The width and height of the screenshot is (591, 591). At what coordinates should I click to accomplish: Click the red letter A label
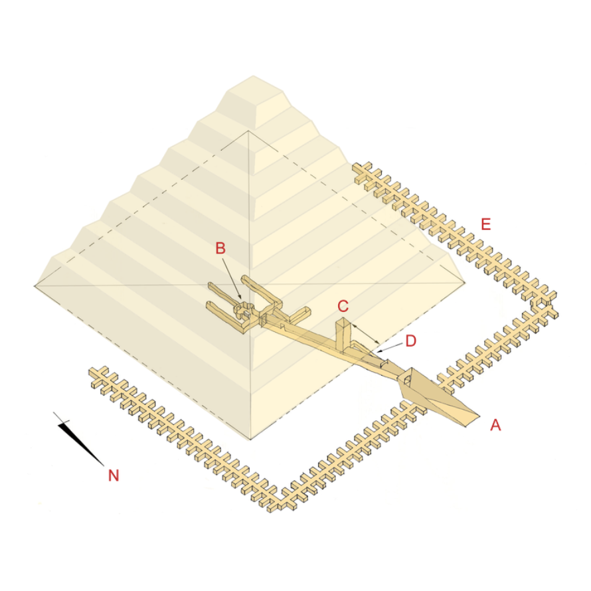pyautogui.click(x=495, y=425)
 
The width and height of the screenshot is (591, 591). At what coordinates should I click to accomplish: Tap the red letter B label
pyautogui.click(x=220, y=248)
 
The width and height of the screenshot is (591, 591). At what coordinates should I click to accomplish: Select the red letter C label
pyautogui.click(x=343, y=306)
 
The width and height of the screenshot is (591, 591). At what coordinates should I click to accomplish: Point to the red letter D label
pyautogui.click(x=410, y=341)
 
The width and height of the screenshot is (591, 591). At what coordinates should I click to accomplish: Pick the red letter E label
pyautogui.click(x=486, y=224)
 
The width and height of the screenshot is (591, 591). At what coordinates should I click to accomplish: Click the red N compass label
pyautogui.click(x=114, y=475)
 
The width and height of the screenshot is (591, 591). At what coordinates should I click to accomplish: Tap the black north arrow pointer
pyautogui.click(x=79, y=439)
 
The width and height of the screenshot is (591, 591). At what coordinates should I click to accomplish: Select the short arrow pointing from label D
pyautogui.click(x=390, y=347)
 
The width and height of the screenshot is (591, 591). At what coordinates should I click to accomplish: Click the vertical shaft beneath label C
pyautogui.click(x=343, y=335)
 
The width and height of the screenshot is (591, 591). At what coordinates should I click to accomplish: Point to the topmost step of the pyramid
pyautogui.click(x=254, y=99)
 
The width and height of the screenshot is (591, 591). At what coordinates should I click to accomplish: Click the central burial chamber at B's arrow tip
pyautogui.click(x=245, y=311)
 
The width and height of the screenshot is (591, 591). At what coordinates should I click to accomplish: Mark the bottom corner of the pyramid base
pyautogui.click(x=250, y=440)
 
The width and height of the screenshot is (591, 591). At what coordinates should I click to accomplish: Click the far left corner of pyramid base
pyautogui.click(x=34, y=286)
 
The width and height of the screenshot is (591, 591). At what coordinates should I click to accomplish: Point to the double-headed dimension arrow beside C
pyautogui.click(x=367, y=333)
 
